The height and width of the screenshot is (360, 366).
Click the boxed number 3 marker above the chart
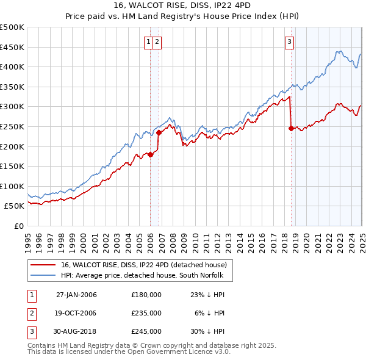[x=289, y=42]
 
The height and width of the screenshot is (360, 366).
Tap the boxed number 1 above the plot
[x=149, y=42]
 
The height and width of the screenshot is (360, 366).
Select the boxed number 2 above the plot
[x=157, y=42]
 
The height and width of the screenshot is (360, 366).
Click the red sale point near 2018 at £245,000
[x=291, y=128]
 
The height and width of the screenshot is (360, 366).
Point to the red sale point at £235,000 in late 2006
[x=159, y=132]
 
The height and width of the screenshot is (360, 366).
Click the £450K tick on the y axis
[x=12, y=47]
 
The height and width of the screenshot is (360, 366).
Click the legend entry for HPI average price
[x=142, y=276]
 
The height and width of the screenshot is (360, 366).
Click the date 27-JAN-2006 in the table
[x=76, y=295]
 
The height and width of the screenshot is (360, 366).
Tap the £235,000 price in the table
[x=146, y=313]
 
